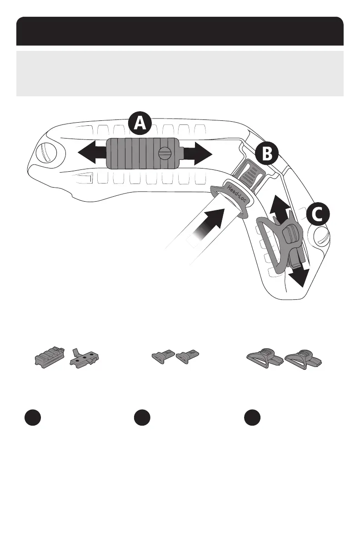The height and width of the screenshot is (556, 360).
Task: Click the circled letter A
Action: (x=140, y=123)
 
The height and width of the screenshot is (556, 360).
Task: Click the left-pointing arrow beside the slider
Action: (x=91, y=154)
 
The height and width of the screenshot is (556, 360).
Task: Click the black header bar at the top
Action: (x=180, y=31)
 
